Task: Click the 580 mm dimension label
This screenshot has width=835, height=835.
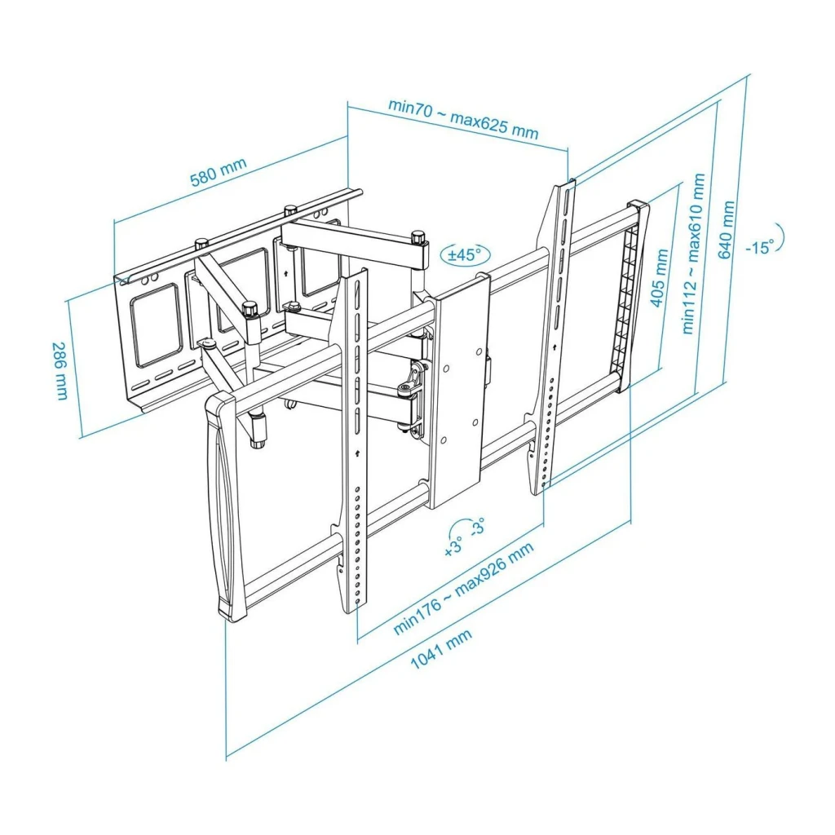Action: tap(219, 171)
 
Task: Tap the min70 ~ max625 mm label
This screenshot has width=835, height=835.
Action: tap(463, 117)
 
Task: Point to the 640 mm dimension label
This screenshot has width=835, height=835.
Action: tap(727, 229)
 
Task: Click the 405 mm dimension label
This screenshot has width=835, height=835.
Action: tap(659, 277)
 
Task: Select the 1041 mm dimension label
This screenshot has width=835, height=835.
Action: tap(441, 648)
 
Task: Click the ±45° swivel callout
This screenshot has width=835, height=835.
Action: tap(465, 255)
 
